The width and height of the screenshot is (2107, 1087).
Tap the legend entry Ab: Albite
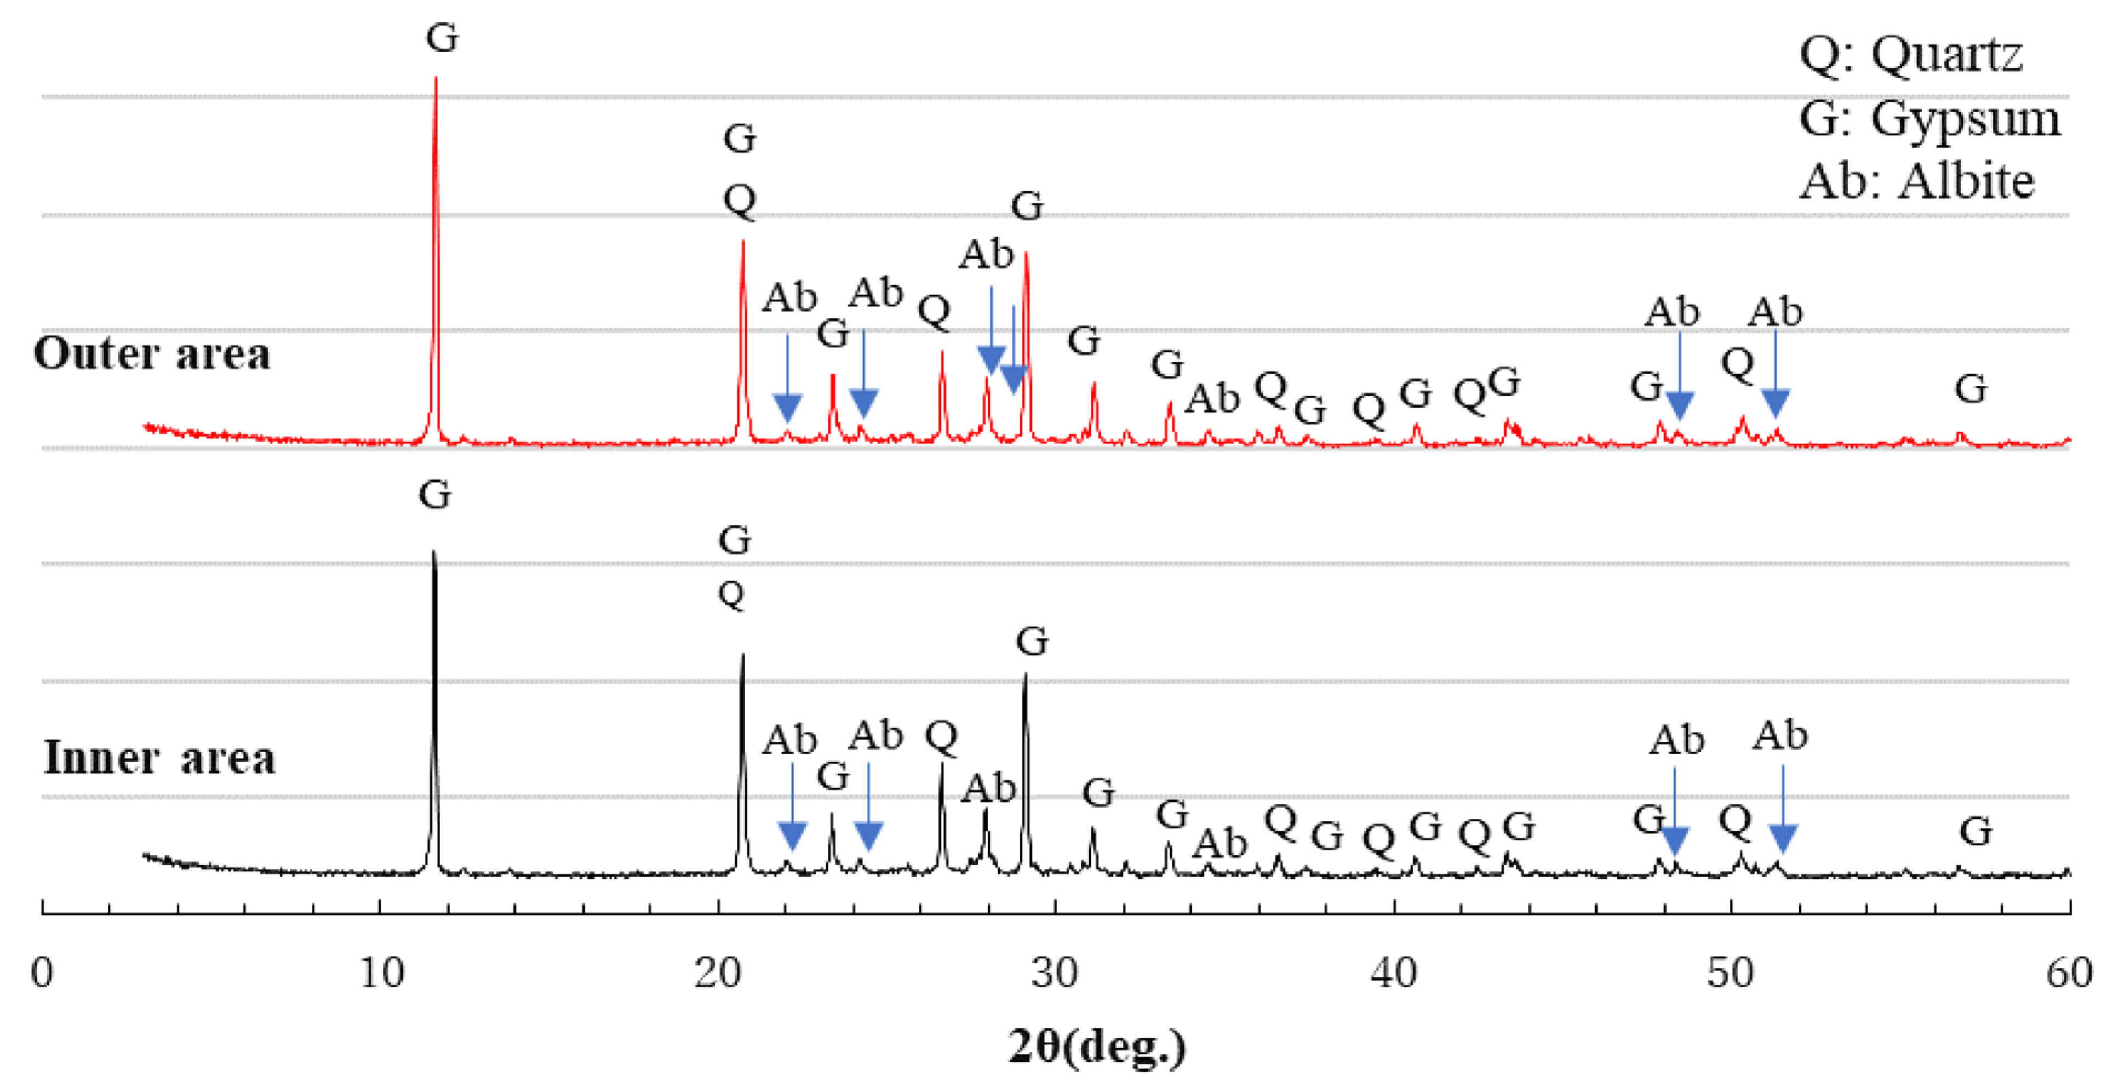[1916, 181]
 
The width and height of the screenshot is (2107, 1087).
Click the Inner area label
[159, 757]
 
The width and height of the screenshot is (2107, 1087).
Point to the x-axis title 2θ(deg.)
[1096, 1046]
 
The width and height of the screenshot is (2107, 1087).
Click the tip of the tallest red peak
[436, 78]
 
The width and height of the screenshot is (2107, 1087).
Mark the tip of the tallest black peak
[434, 552]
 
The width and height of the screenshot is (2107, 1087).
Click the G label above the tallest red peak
[442, 38]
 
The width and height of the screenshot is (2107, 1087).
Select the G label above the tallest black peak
[434, 495]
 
